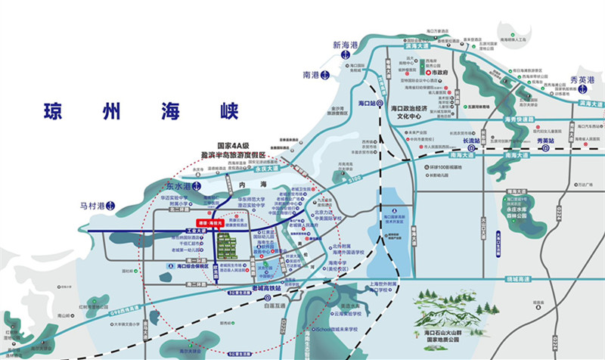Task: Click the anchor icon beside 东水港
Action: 197,185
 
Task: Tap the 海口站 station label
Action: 368,102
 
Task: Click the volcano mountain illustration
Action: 455,310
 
